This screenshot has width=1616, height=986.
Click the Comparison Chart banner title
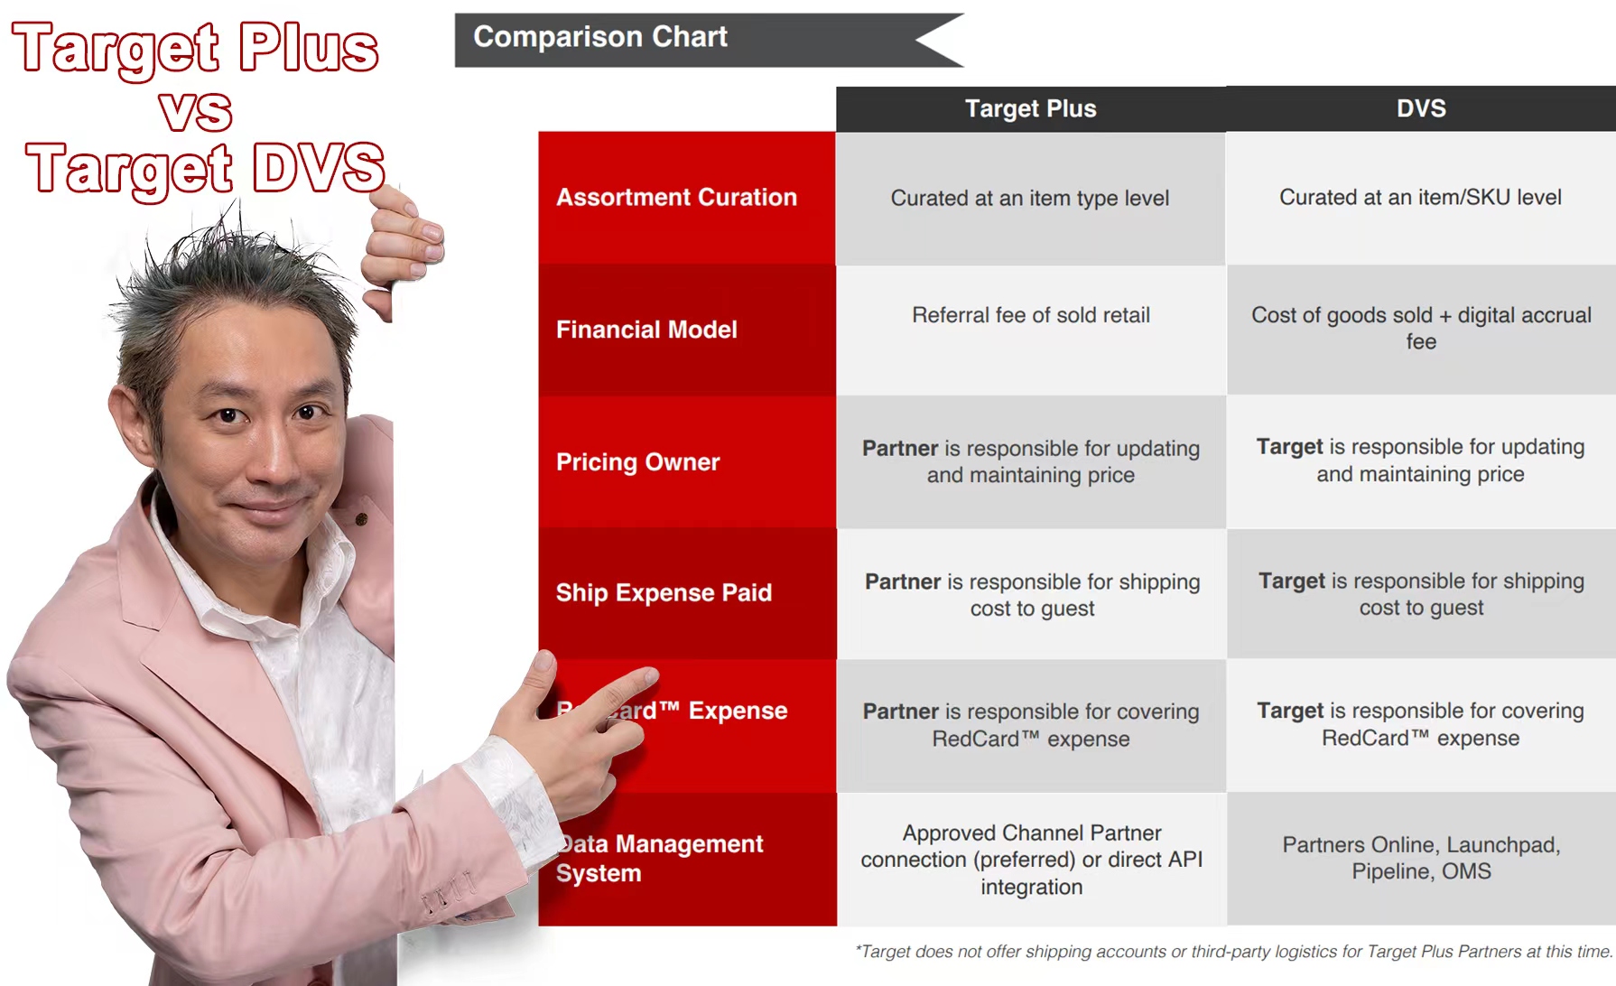[x=600, y=37]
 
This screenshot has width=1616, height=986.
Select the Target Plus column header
[x=1030, y=109]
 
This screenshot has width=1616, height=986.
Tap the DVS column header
[x=1420, y=109]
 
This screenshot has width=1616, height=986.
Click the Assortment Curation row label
[x=676, y=198]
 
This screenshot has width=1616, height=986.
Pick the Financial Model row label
[x=646, y=330]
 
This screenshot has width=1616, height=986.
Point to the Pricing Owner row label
[x=637, y=462]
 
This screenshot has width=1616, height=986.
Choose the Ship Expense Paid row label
[x=664, y=593]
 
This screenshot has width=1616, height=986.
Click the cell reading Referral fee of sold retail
[x=1030, y=315]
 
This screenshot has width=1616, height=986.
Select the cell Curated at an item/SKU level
[x=1420, y=198]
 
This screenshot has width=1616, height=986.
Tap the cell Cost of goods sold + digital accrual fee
[x=1420, y=328]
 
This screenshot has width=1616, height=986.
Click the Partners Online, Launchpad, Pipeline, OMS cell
[x=1420, y=858]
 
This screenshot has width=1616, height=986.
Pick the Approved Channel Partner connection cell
[x=1031, y=860]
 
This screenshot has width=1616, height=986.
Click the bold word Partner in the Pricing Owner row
[x=900, y=449]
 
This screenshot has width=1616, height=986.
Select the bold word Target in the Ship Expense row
[x=1291, y=581]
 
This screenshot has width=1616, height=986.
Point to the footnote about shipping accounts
[x=1232, y=952]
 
